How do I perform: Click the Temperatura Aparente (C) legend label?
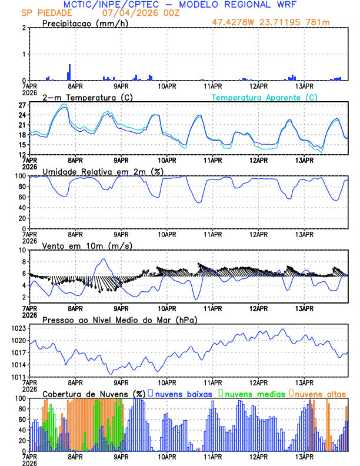tap(265, 97)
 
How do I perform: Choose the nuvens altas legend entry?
tap(318, 393)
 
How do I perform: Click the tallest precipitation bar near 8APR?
tap(69, 72)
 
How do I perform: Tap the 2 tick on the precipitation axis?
tap(24, 28)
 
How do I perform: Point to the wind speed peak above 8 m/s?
tap(104, 259)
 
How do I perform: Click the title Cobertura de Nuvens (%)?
tap(94, 393)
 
